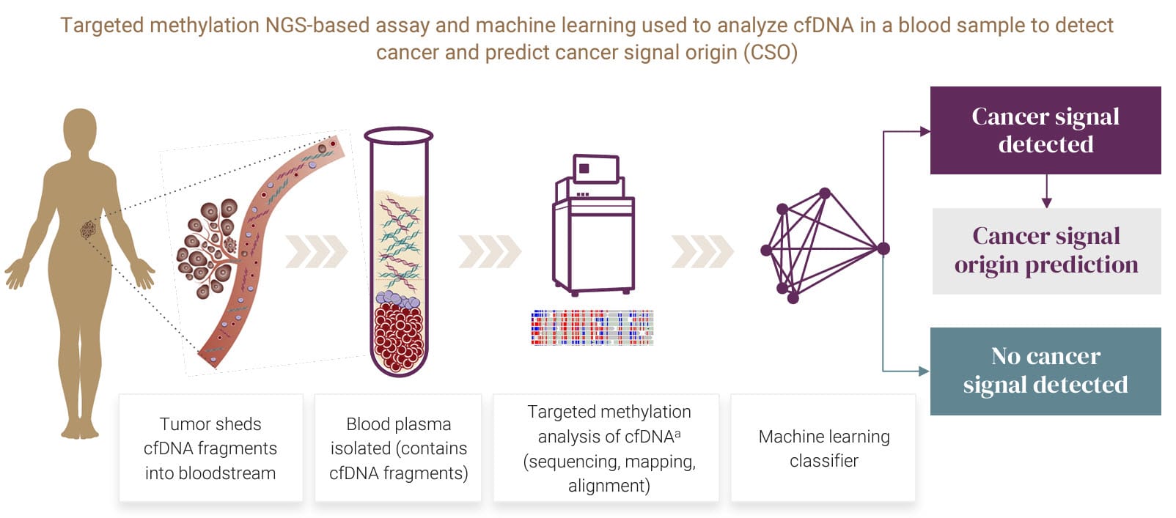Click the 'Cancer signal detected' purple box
[x=1045, y=130]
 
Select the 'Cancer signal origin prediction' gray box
[x=1046, y=251]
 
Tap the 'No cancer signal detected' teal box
[x=1045, y=371]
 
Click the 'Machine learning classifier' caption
[x=823, y=448]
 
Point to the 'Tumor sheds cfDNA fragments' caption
[x=210, y=448]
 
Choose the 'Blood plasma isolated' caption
[x=398, y=448]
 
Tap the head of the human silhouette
[x=80, y=130]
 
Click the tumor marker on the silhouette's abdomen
[x=88, y=230]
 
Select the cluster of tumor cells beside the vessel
[x=208, y=248]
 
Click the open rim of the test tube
[x=398, y=136]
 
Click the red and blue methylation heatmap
[x=592, y=328]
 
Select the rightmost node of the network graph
[x=883, y=248]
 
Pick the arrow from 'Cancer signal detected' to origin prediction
[x=1046, y=191]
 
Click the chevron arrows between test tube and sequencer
[x=490, y=252]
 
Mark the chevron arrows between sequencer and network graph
[x=702, y=252]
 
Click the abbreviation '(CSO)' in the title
[x=770, y=53]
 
